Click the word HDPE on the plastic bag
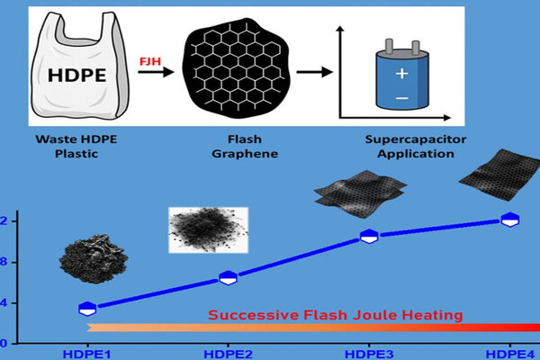pyautogui.click(x=76, y=75)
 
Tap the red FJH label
pyautogui.click(x=150, y=61)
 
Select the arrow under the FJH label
pyautogui.click(x=156, y=72)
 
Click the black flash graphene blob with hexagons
pyautogui.click(x=236, y=67)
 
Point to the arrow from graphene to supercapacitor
pyautogui.click(x=314, y=72)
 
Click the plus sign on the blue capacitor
pyautogui.click(x=402, y=74)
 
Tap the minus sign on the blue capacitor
pyautogui.click(x=402, y=98)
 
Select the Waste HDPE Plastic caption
pyautogui.click(x=76, y=147)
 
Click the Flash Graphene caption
pyautogui.click(x=245, y=147)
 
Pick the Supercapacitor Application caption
pyautogui.click(x=416, y=147)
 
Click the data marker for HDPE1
pyautogui.click(x=87, y=309)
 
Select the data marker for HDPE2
pyautogui.click(x=228, y=278)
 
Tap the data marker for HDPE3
pyautogui.click(x=369, y=237)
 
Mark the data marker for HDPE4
pyautogui.click(x=510, y=220)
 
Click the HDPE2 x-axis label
pyautogui.click(x=228, y=354)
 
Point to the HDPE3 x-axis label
pyautogui.click(x=369, y=354)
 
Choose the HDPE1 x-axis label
pyautogui.click(x=86, y=354)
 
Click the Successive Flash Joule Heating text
pyautogui.click(x=335, y=315)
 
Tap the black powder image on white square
pyautogui.click(x=208, y=229)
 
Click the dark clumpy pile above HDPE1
pyautogui.click(x=94, y=258)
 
